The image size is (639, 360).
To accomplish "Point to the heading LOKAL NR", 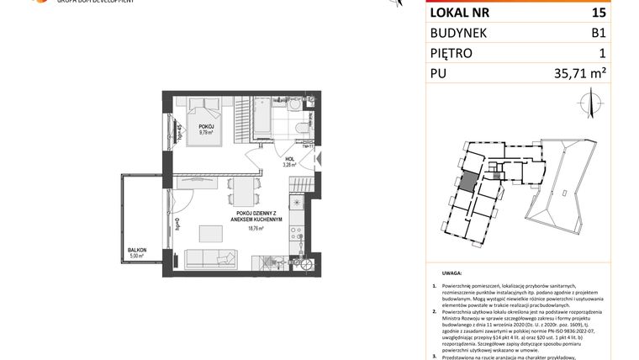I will (x=461, y=13).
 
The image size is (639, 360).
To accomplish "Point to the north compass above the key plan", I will (x=586, y=104).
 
